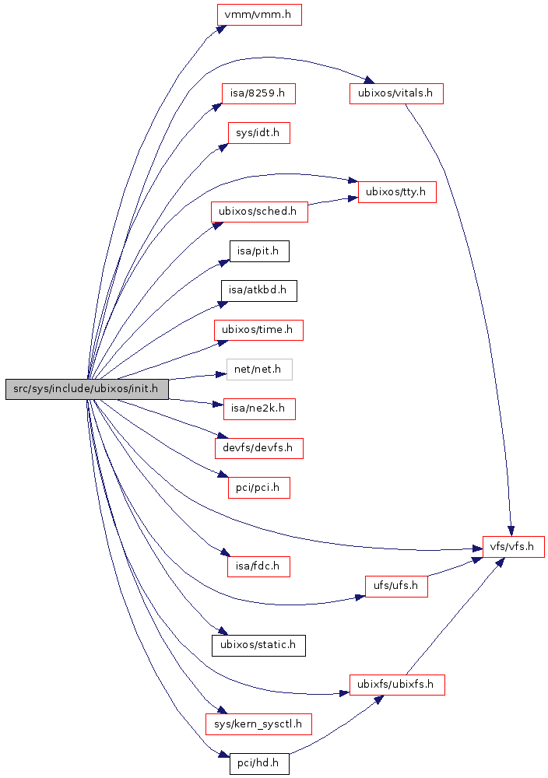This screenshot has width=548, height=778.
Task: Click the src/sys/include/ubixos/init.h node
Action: pos(86,389)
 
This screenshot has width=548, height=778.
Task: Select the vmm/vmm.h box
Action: pos(258,15)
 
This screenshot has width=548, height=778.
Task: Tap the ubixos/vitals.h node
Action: pos(396,93)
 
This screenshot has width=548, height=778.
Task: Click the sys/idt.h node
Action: pos(258,132)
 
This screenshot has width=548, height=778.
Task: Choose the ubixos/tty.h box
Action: pos(396,191)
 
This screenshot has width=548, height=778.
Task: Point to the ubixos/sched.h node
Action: pos(259,211)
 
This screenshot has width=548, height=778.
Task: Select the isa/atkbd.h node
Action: pos(258,290)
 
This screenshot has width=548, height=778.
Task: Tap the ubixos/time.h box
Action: pos(258,330)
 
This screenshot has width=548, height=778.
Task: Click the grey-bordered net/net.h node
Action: pos(259,370)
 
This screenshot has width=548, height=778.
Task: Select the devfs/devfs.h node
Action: pos(258,448)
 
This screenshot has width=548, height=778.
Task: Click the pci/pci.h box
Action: pos(258,488)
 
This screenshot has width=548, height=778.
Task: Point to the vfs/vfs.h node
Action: pos(513,546)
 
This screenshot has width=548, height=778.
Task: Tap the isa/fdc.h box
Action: pos(258,566)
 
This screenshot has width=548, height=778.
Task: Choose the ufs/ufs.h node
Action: pos(396,586)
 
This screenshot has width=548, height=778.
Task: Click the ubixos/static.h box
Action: pos(258,645)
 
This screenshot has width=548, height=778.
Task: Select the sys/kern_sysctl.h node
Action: pos(258,724)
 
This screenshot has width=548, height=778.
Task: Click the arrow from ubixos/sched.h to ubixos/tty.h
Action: pos(332,202)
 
